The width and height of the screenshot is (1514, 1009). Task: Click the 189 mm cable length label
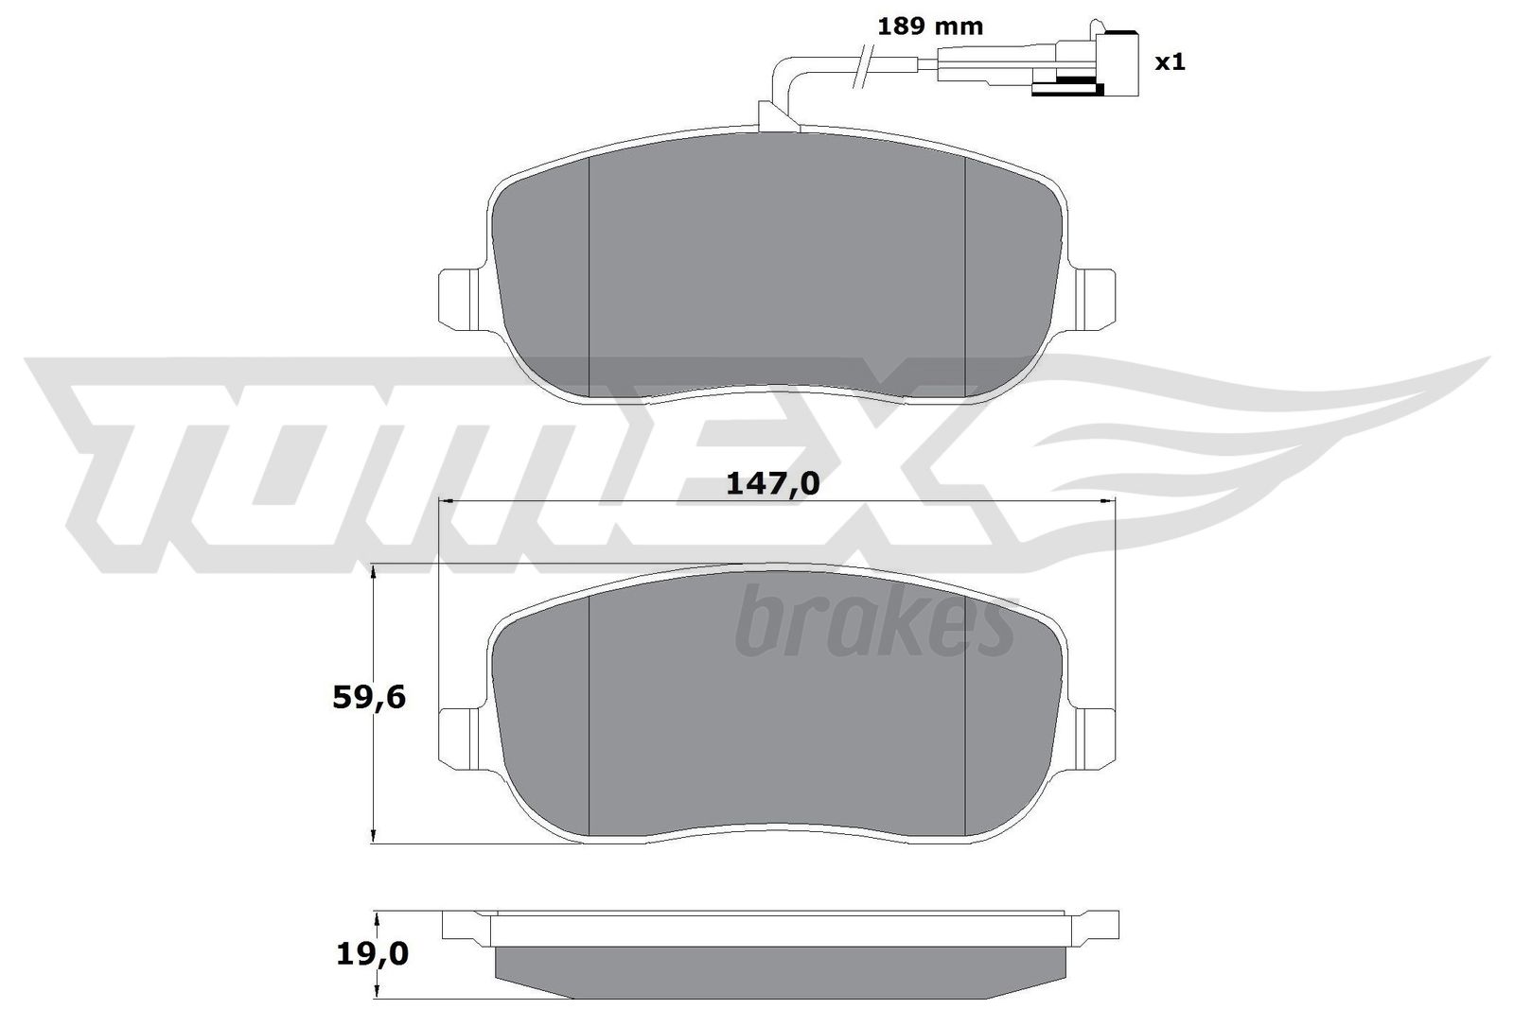[x=929, y=26]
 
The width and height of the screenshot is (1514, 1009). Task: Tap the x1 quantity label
[x=1170, y=63]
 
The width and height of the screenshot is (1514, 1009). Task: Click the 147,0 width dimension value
[x=772, y=483]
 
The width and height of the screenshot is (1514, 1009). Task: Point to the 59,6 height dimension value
[x=369, y=698]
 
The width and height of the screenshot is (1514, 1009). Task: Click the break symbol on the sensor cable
[x=863, y=67]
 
